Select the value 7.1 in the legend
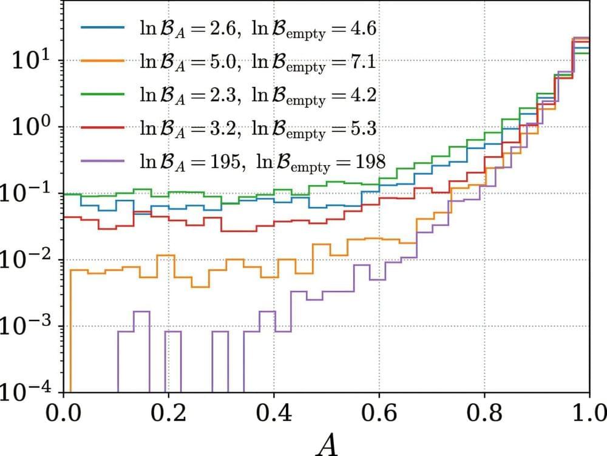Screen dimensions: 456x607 point(363,61)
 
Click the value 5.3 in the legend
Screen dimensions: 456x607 point(363,128)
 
